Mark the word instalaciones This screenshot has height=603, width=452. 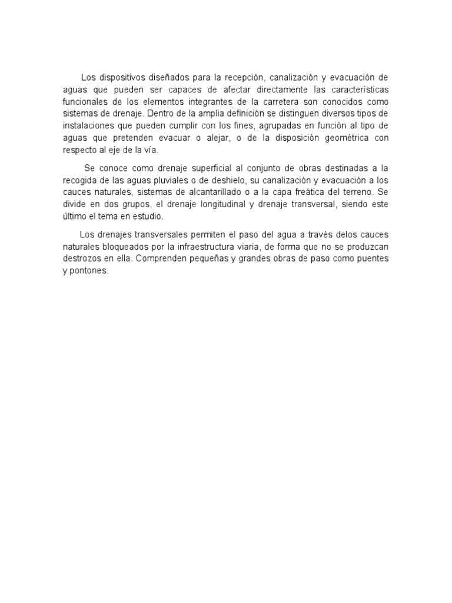click(88, 125)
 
